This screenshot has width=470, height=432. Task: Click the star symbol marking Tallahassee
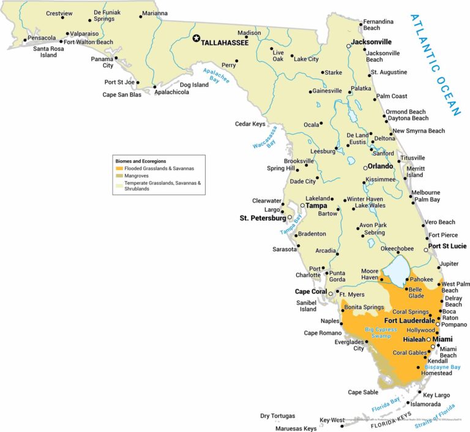pyautogui.click(x=196, y=38)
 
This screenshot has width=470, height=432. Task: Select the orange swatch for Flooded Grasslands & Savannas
pyautogui.click(x=119, y=168)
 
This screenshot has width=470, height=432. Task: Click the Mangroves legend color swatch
pyautogui.click(x=119, y=175)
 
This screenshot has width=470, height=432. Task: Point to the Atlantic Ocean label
pyautogui.click(x=436, y=64)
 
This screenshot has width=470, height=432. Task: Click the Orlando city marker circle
pyautogui.click(x=365, y=168)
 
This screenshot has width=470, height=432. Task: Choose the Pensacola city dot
pyautogui.click(x=26, y=42)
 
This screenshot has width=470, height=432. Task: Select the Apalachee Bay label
pyautogui.click(x=216, y=76)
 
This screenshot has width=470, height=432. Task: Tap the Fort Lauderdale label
pyautogui.click(x=409, y=320)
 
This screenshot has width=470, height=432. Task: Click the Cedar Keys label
pyautogui.click(x=250, y=124)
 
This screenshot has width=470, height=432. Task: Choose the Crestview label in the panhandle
pyautogui.click(x=59, y=13)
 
